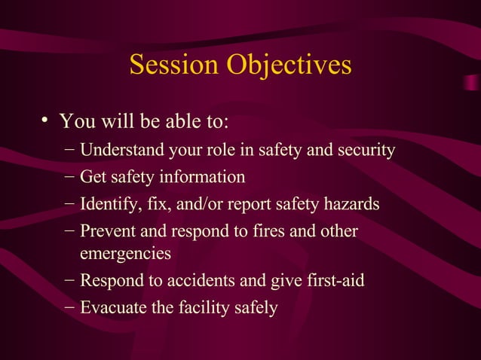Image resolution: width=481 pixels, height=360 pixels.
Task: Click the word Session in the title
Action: click(x=172, y=65)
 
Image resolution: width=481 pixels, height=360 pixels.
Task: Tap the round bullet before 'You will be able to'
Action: click(x=45, y=120)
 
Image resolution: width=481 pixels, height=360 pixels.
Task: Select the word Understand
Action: click(x=118, y=151)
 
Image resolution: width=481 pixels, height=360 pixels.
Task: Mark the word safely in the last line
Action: click(x=256, y=307)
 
